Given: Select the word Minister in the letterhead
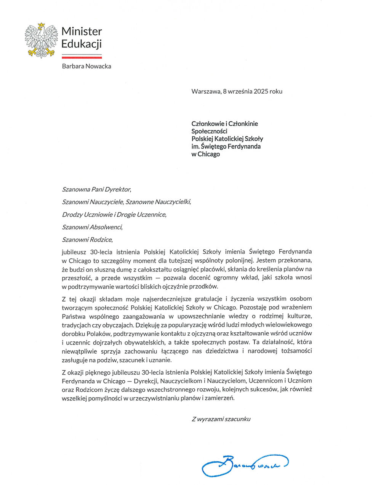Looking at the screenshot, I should point(82,31).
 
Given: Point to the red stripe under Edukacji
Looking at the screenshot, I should point(82,57).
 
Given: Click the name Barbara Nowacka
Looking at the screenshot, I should point(86,66).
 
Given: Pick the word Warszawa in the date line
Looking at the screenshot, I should point(206,91).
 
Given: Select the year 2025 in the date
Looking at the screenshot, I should point(261,91).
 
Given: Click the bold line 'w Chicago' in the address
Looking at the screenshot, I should point(205,154).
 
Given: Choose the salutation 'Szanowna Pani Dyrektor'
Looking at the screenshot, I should point(96,189).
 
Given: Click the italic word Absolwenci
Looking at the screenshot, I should point(106,227).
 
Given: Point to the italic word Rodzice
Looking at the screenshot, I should point(101,240).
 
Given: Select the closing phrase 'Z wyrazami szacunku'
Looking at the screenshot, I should point(221,419).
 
